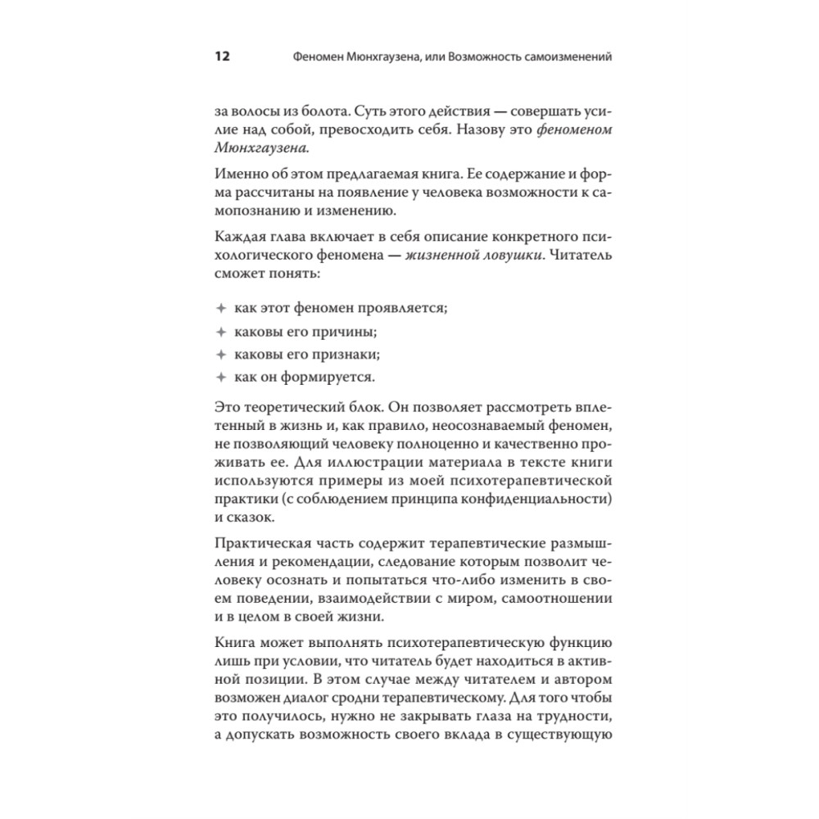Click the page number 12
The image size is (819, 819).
point(222,57)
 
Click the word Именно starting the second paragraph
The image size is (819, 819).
point(238,174)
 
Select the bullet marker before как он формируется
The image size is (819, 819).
point(219,378)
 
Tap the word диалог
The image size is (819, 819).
point(327,701)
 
